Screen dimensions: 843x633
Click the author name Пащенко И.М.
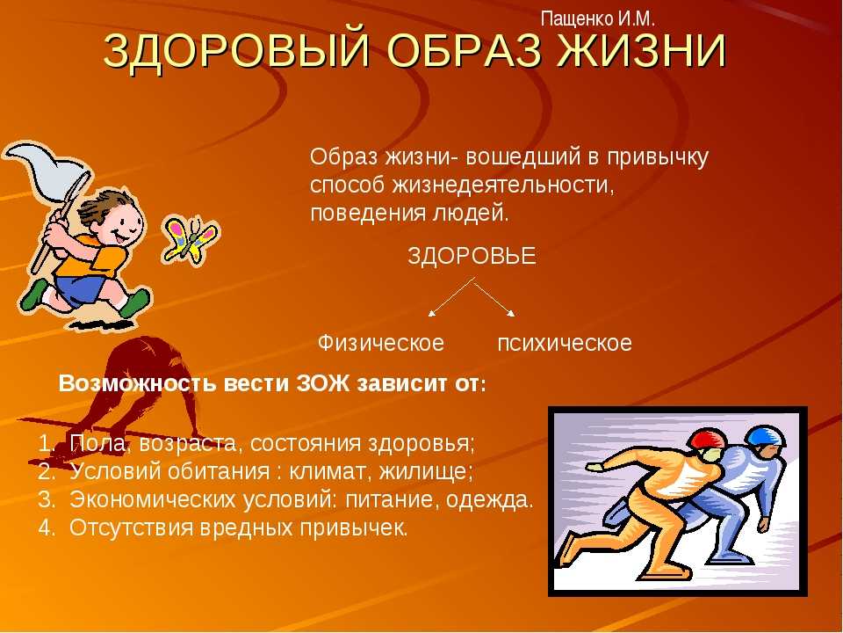(x=597, y=19)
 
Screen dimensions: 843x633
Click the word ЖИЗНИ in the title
(x=642, y=51)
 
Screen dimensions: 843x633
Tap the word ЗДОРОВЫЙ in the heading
(x=236, y=51)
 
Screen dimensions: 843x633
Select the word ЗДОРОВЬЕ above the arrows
(x=472, y=256)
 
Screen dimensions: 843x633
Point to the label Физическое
(x=381, y=343)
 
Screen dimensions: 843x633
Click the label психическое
(x=565, y=344)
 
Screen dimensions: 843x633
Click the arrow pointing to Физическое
(x=450, y=296)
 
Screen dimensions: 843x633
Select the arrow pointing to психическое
(x=494, y=296)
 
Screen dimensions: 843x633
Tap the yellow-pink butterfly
(x=191, y=241)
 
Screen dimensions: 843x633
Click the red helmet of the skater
(x=707, y=438)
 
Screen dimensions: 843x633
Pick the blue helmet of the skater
(x=766, y=435)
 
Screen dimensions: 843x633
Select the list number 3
(x=46, y=499)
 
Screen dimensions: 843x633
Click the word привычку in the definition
(x=658, y=158)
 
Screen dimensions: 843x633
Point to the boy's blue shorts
(x=81, y=288)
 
